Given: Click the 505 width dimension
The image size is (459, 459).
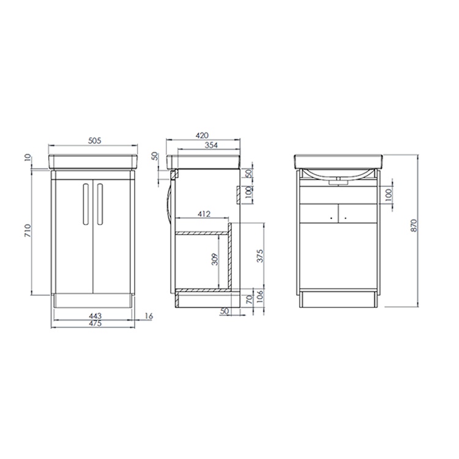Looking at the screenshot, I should click(x=94, y=140).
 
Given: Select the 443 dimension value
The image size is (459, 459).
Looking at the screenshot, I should click(x=94, y=315).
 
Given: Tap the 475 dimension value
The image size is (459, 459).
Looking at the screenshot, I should click(x=94, y=323).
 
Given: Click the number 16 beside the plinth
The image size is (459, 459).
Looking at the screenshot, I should click(x=149, y=315).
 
